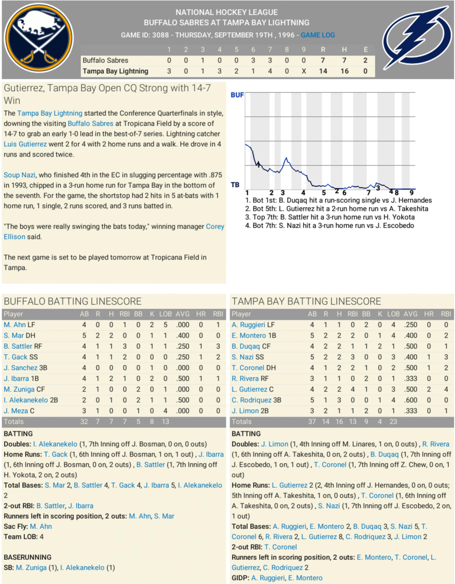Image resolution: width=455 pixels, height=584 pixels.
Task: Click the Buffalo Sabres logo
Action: pyautogui.click(x=39, y=38)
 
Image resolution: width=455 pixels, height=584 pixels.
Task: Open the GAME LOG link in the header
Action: pyautogui.click(x=318, y=35)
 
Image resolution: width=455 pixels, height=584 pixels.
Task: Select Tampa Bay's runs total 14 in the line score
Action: pyautogui.click(x=323, y=71)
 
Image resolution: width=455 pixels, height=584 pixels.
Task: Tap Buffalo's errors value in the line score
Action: pyautogui.click(x=365, y=60)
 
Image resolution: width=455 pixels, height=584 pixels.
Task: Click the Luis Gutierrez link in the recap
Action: pyautogui.click(x=25, y=144)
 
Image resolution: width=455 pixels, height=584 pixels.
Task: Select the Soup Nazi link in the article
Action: pyautogui.click(x=19, y=175)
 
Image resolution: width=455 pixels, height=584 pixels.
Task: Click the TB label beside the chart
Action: pyautogui.click(x=235, y=185)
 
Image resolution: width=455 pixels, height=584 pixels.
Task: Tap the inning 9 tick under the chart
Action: pyautogui.click(x=412, y=193)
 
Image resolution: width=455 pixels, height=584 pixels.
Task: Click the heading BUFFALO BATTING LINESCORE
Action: pyautogui.click(x=73, y=301)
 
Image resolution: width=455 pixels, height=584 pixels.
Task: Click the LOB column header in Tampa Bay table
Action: pyautogui.click(x=393, y=314)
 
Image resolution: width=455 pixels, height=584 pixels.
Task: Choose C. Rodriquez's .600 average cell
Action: pyautogui.click(x=410, y=400)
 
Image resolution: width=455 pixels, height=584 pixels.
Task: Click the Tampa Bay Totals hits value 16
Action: pyautogui.click(x=339, y=422)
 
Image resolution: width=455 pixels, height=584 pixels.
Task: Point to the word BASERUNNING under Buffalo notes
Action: pyautogui.click(x=28, y=557)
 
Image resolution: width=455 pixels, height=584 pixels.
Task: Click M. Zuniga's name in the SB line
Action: pyautogui.click(x=31, y=567)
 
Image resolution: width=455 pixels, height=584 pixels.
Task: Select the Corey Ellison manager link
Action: pyautogui.click(x=215, y=227)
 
